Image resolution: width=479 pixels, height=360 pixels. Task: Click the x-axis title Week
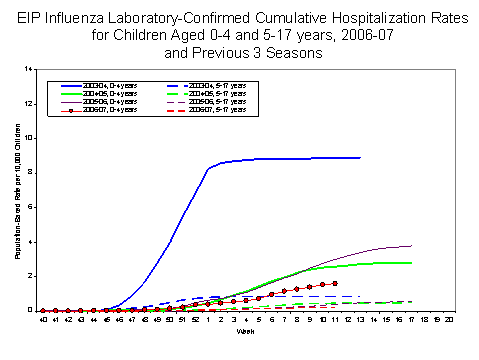click(245, 330)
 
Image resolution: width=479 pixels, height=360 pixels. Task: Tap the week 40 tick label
click(43, 319)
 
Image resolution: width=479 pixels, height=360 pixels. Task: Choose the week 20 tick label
click(449, 319)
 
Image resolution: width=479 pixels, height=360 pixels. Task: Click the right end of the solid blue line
click(360, 158)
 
